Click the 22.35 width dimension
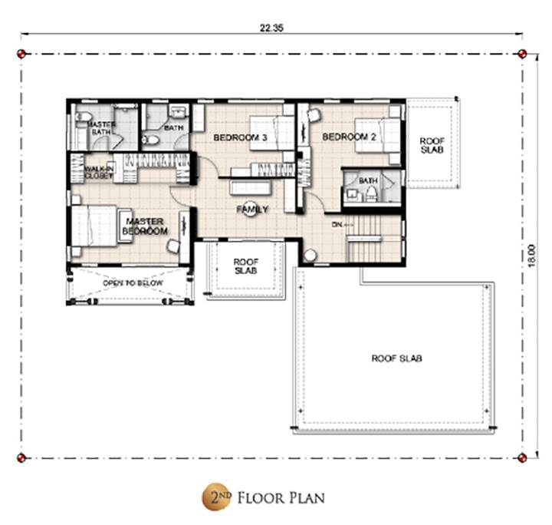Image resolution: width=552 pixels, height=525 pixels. click(271, 28)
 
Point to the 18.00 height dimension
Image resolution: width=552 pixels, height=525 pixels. click(531, 256)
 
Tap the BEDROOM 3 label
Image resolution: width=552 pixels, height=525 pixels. click(241, 137)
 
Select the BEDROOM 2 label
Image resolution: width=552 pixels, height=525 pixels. click(350, 137)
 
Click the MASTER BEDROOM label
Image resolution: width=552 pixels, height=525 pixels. click(145, 226)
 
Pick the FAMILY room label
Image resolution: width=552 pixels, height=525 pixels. click(252, 210)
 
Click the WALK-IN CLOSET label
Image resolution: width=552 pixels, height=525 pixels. click(99, 172)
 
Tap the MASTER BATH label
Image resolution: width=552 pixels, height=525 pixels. click(101, 128)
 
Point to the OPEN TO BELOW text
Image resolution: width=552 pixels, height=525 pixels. click(133, 283)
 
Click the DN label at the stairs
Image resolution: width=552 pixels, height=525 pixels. click(337, 224)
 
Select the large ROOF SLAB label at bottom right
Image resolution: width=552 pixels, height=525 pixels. click(397, 358)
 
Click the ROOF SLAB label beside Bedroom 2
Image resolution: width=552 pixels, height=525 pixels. click(432, 145)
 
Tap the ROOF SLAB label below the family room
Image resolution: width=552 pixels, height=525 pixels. click(246, 266)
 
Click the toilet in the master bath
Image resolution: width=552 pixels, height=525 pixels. click(83, 117)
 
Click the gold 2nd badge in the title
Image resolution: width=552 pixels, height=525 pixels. click(216, 497)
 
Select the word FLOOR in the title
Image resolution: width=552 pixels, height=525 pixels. click(261, 498)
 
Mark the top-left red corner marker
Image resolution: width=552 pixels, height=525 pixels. click(21, 54)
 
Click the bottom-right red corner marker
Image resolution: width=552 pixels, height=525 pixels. click(522, 457)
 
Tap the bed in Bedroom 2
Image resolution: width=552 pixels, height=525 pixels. click(377, 136)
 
